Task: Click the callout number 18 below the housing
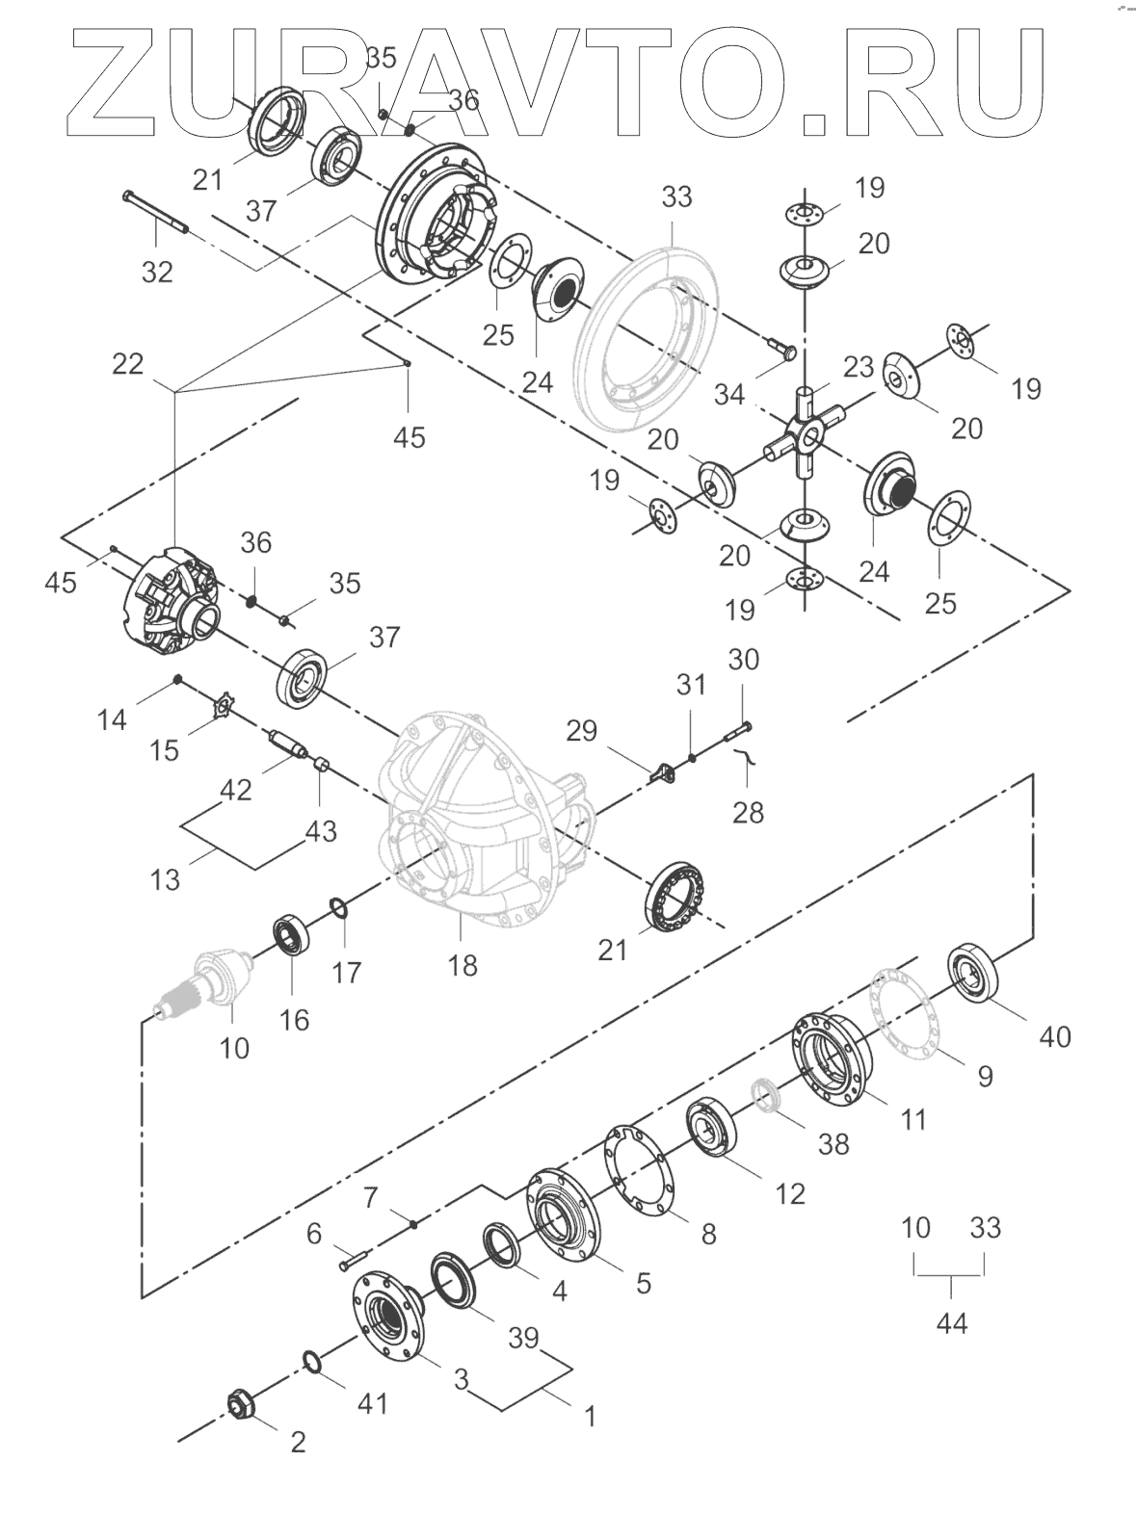coord(463,964)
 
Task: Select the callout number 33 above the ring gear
coord(676,196)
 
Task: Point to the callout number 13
coord(166,878)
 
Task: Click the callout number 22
coord(127,364)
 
